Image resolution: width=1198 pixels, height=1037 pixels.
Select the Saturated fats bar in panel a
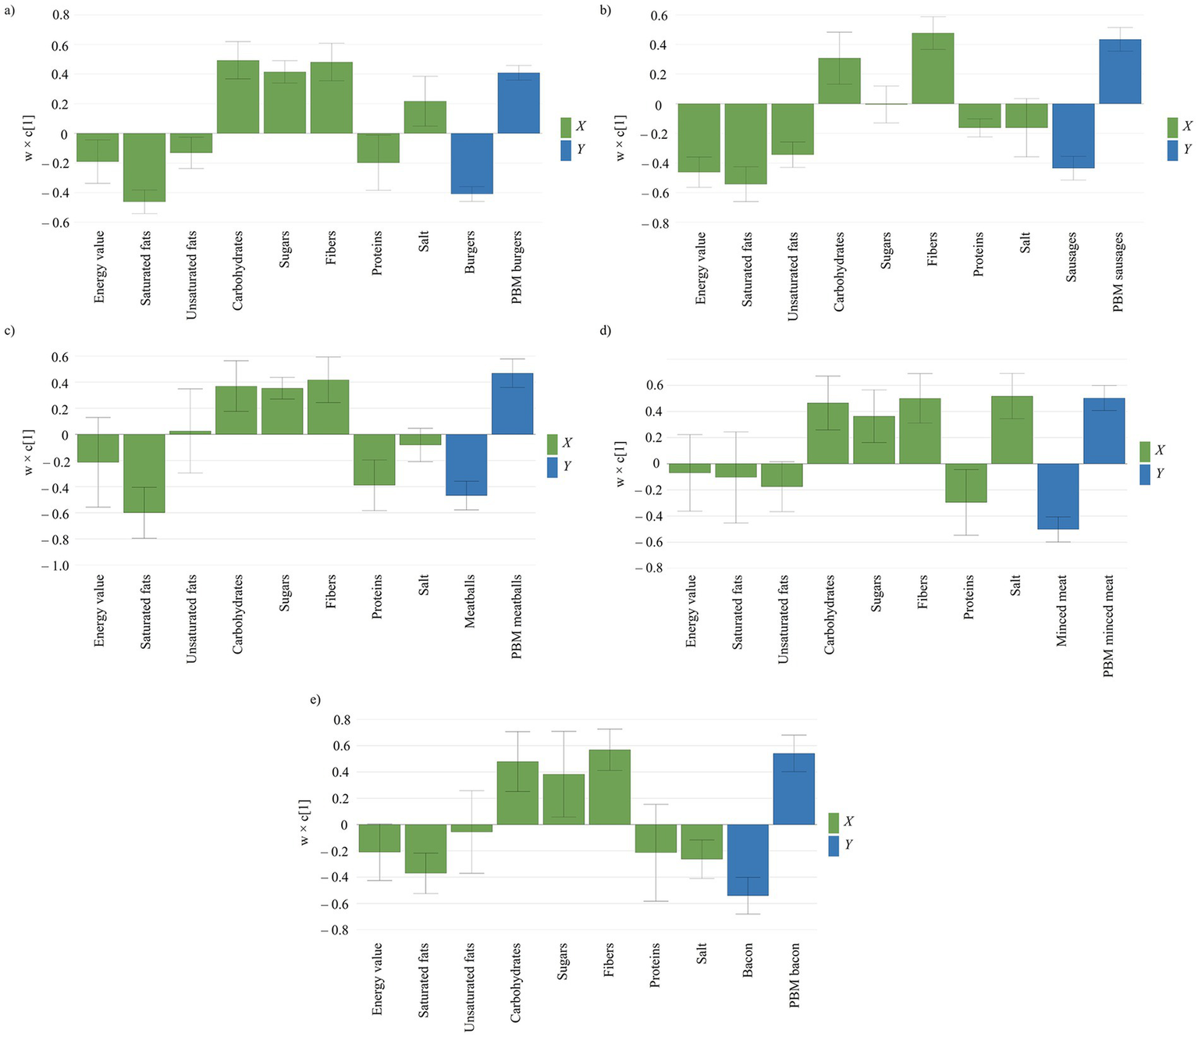tap(145, 167)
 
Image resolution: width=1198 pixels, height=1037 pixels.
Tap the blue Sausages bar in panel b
tap(1072, 136)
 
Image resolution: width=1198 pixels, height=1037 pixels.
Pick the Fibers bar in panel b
tap(933, 69)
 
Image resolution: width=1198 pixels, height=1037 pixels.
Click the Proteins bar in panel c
tap(375, 460)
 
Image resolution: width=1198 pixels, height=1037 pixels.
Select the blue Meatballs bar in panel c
tap(467, 465)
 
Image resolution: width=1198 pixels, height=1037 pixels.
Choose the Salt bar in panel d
tap(1012, 430)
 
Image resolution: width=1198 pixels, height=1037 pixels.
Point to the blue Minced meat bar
tap(1058, 497)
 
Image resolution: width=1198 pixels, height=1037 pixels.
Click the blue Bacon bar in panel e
tap(748, 860)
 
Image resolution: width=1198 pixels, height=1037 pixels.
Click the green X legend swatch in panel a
tap(567, 127)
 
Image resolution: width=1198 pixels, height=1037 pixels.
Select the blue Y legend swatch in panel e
tap(834, 846)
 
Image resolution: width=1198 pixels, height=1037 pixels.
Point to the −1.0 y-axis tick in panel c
tap(55, 565)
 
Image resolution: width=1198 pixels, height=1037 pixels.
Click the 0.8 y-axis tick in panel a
tap(60, 15)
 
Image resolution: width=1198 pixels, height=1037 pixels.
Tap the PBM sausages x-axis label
tap(1118, 273)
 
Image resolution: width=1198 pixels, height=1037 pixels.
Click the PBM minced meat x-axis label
tap(1108, 625)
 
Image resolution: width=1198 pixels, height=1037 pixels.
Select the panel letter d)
tap(605, 330)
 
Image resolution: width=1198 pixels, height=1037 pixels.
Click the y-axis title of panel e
tap(304, 822)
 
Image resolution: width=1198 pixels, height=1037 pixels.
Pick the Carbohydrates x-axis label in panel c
tap(238, 614)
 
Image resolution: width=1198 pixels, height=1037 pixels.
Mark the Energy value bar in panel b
tap(699, 137)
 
